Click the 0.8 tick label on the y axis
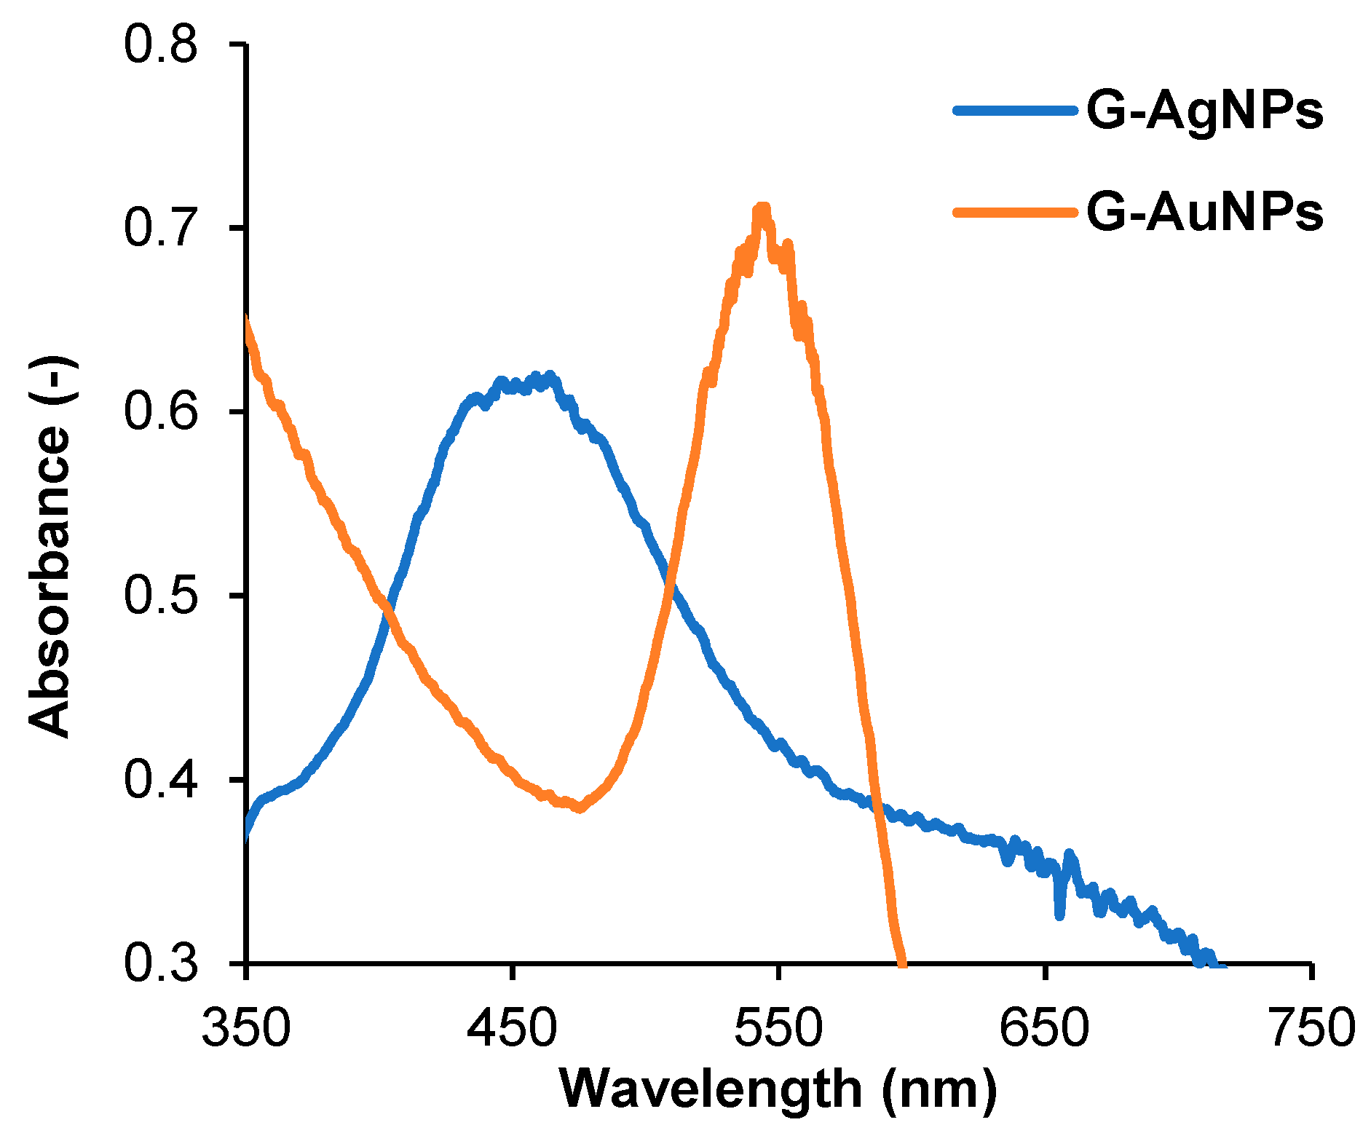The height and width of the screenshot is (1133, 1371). pos(161,44)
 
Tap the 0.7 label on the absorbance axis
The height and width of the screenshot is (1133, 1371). pos(161,228)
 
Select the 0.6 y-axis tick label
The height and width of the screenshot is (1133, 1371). pos(161,412)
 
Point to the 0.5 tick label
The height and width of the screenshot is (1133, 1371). pos(161,596)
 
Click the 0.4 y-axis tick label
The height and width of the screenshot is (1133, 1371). pos(161,780)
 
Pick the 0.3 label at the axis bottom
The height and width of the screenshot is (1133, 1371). pos(161,963)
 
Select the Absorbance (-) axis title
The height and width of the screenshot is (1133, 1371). pos(50,546)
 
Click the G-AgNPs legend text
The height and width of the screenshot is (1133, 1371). pos(1204,112)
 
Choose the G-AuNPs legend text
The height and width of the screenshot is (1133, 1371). pos(1204,213)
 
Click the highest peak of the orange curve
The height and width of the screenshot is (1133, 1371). pos(762,209)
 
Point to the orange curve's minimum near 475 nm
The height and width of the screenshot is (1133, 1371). pos(580,808)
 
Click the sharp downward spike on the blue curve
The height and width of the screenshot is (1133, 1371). pos(1059,913)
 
